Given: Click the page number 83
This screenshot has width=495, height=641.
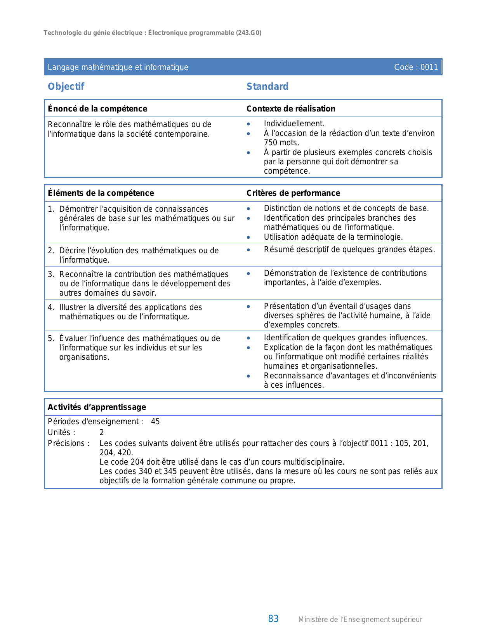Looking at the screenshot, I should coord(273,619).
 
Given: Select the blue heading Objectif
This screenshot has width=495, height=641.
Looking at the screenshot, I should coord(66,87).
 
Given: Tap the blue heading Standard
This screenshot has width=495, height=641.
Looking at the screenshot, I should coord(267,87).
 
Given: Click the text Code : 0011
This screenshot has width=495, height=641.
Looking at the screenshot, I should coord(416,67).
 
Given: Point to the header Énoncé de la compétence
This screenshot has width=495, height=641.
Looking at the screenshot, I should coord(97,109).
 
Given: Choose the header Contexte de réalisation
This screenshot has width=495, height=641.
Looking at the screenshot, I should coord(291,109).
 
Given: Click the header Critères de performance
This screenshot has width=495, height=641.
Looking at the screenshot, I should coord(293,193).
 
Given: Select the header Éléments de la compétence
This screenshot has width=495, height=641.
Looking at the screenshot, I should coord(101,193).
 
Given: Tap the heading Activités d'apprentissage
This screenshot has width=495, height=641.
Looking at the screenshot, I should coord(97,407).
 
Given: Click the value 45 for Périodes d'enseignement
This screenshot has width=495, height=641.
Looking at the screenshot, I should coord(155,422).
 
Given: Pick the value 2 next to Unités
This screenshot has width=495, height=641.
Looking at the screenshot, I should coord(102,432).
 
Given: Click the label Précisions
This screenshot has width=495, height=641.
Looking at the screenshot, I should coord(69,443).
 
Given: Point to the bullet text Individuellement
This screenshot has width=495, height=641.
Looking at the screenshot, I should coord(294,124).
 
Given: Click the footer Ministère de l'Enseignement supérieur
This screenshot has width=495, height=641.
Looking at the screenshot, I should coord(360,620).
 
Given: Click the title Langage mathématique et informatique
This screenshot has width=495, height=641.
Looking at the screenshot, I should coord(118,67).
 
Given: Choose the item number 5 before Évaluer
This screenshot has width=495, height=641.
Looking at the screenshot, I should coord(50,338).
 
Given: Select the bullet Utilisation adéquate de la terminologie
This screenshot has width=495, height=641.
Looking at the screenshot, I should coord(333,237).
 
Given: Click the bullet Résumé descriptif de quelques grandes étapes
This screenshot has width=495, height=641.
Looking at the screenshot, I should coord(349,249).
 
